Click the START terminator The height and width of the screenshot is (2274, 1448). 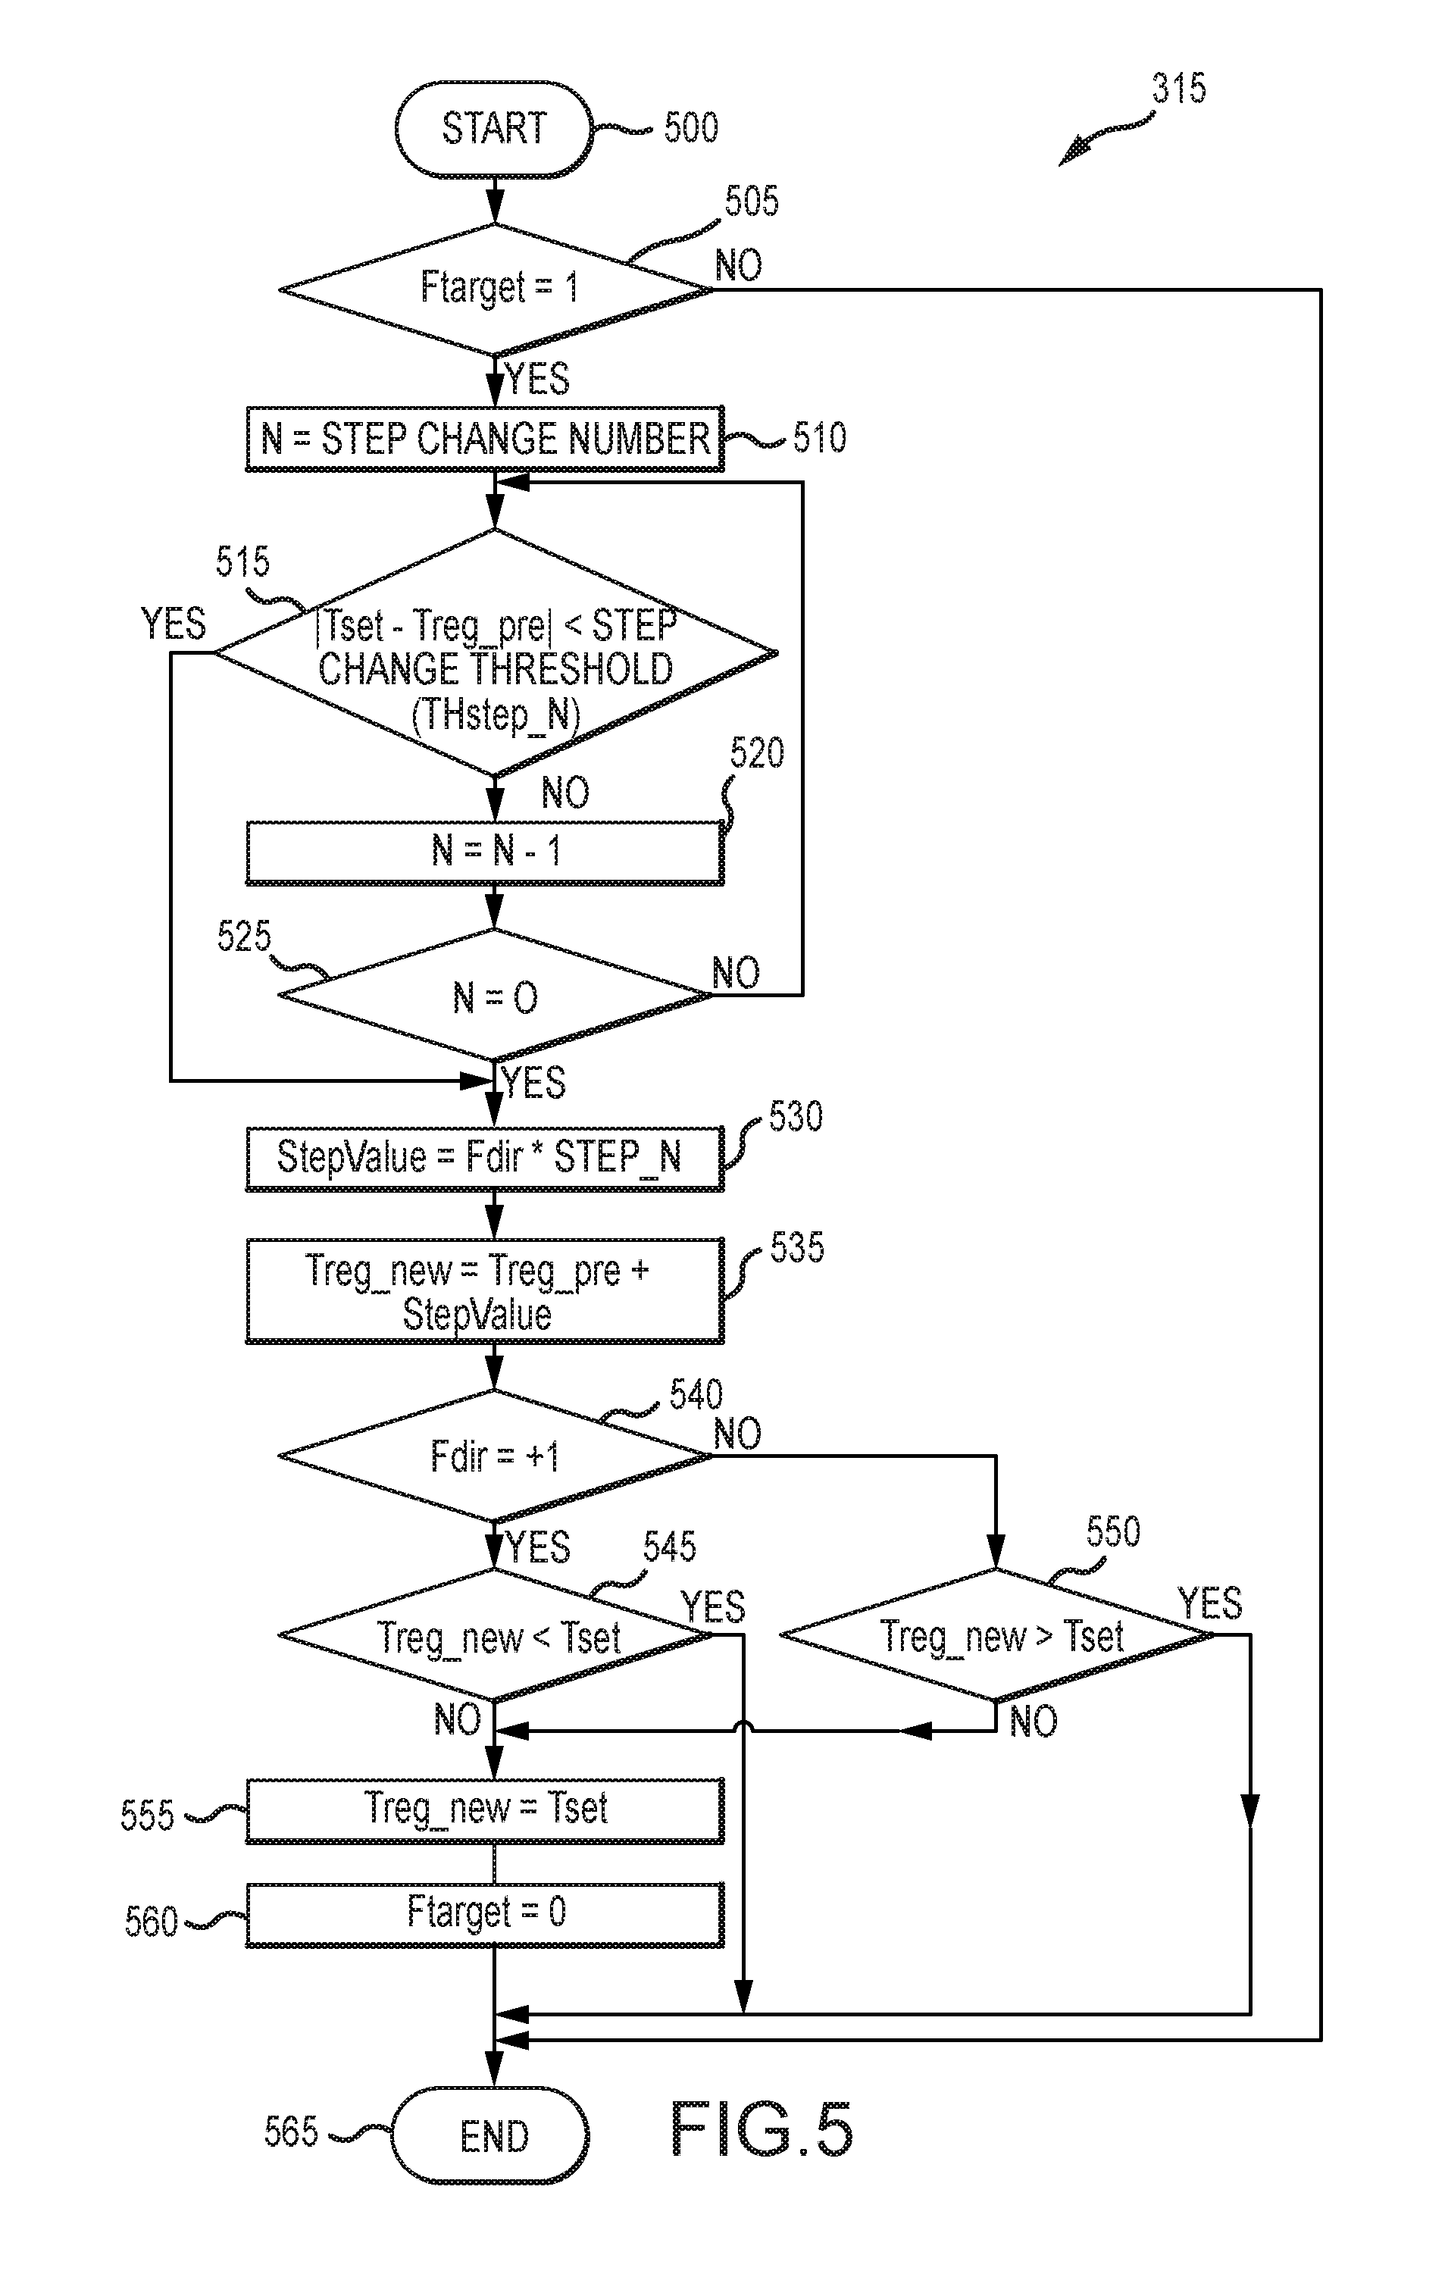493,128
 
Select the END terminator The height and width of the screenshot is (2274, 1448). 491,2136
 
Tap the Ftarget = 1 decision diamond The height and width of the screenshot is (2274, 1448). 495,288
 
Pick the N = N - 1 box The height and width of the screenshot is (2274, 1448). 484,852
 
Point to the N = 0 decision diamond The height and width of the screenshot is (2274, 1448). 495,996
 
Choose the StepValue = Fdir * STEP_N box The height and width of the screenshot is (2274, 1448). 484,1158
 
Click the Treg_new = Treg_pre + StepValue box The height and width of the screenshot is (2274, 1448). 484,1291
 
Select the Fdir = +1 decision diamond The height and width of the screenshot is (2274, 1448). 495,1456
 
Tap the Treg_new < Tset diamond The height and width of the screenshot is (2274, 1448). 495,1636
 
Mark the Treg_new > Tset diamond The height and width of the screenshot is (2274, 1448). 996,1636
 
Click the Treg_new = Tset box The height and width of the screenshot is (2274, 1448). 484,1810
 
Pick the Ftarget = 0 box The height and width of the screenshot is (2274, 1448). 484,1913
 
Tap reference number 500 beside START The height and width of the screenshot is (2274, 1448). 690,127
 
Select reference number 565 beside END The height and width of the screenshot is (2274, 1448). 291,2132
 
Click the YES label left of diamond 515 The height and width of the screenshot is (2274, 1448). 173,624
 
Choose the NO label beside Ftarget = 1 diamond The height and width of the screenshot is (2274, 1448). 738,265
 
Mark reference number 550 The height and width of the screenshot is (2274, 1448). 1112,1531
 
